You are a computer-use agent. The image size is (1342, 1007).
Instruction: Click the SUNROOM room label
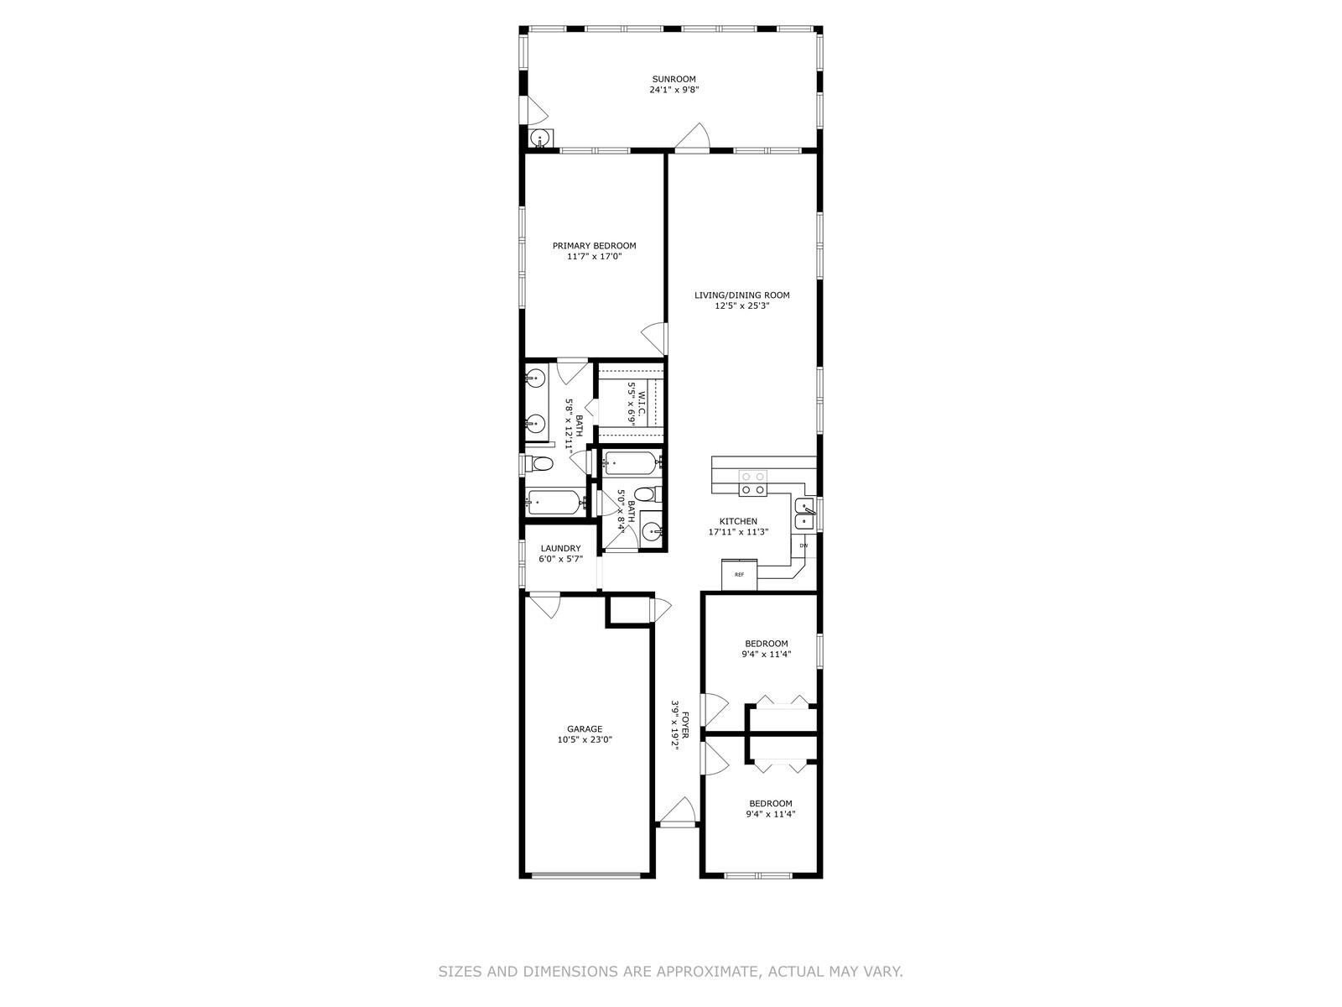[x=674, y=79]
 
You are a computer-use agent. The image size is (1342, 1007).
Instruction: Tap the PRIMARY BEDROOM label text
[x=594, y=246]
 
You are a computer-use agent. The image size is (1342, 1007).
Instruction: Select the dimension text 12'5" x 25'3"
[x=741, y=306]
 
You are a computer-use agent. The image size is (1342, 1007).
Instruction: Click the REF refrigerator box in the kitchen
[x=739, y=575]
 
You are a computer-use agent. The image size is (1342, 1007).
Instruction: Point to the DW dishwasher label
[x=804, y=546]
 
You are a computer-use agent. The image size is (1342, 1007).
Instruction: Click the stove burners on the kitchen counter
[x=752, y=483]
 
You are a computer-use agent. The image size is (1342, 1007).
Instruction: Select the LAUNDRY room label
[x=560, y=548]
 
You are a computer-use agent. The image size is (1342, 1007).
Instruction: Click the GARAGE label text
[x=585, y=729]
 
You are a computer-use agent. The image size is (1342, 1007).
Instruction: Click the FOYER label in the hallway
[x=685, y=725]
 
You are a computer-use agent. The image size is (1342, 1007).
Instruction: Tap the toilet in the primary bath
[x=540, y=464]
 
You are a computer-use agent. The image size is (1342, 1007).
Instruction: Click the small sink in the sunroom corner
[x=541, y=138]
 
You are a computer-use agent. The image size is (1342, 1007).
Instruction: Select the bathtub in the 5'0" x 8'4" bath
[x=631, y=462]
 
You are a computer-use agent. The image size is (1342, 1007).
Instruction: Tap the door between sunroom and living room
[x=694, y=138]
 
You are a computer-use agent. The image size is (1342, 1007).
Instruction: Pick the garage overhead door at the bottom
[x=586, y=875]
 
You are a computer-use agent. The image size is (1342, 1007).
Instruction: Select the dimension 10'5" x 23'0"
[x=585, y=740]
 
